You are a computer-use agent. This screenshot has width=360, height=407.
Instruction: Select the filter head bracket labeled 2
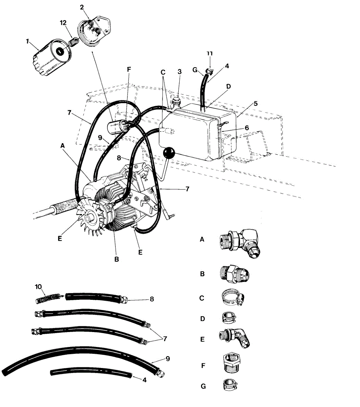[95, 31]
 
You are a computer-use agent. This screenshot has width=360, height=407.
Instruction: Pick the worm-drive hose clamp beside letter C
[232, 297]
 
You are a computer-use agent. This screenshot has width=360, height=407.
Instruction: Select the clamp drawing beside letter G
[229, 385]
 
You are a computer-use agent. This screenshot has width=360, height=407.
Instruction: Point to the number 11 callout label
[210, 54]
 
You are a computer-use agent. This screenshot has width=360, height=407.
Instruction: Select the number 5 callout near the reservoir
[256, 103]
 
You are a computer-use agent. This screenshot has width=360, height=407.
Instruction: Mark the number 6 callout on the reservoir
[247, 128]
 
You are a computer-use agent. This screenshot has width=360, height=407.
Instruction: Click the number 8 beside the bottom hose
[152, 299]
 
